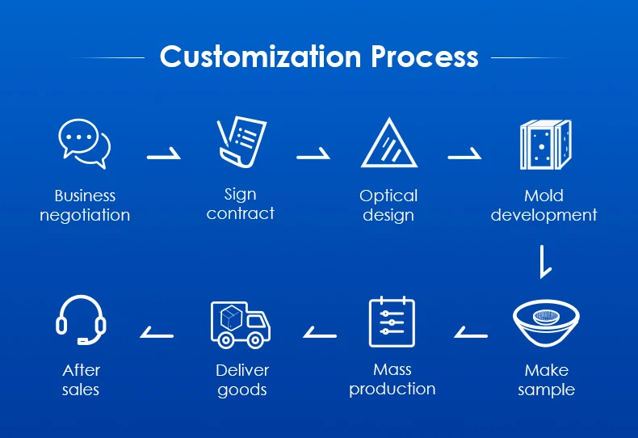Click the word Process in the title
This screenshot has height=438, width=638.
(425, 57)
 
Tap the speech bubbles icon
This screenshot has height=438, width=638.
(84, 144)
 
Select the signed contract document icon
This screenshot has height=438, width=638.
(241, 142)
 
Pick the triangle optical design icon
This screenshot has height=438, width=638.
(388, 143)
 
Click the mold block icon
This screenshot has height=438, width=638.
(544, 144)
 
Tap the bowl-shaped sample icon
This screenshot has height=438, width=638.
(547, 322)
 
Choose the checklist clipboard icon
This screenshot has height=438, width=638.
(392, 322)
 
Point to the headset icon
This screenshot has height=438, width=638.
(81, 319)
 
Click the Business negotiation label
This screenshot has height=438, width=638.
(85, 205)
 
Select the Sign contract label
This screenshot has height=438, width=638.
(241, 204)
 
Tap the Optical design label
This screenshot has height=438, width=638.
(388, 205)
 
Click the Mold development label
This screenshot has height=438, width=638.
(544, 205)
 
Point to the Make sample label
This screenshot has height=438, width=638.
(547, 380)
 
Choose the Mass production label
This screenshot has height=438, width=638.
(392, 379)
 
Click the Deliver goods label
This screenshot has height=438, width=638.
(242, 380)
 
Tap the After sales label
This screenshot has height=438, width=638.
(81, 380)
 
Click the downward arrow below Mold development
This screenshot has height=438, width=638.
(544, 263)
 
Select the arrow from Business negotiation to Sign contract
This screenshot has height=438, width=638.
(164, 154)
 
